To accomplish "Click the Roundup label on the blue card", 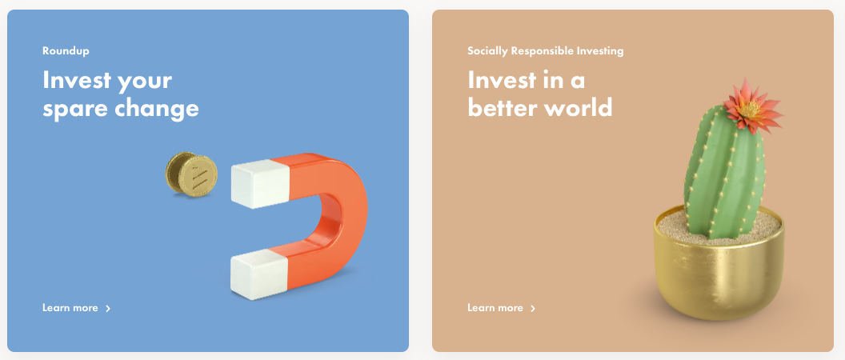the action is pyautogui.click(x=66, y=51).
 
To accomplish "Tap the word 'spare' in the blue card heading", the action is pyautogui.click(x=74, y=110).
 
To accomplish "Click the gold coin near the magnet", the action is pyautogui.click(x=191, y=174).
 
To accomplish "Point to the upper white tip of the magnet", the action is pyautogui.click(x=260, y=184).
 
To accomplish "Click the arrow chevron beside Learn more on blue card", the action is pyautogui.click(x=108, y=308).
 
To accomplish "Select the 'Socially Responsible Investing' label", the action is pyautogui.click(x=546, y=51).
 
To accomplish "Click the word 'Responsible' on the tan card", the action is pyautogui.click(x=547, y=51).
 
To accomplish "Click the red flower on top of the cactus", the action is pyautogui.click(x=752, y=106).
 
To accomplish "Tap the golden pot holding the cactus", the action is pyautogui.click(x=719, y=270).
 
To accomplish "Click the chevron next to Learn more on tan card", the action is pyautogui.click(x=533, y=308).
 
